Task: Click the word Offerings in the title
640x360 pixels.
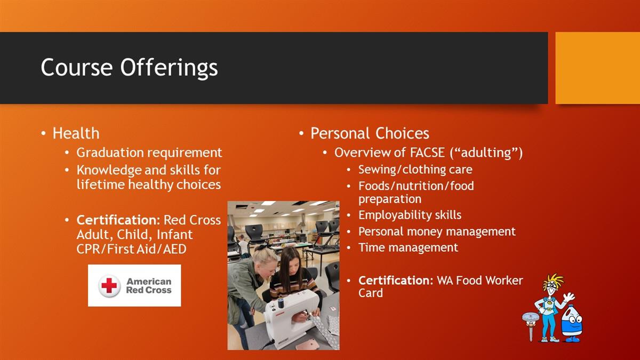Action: pyautogui.click(x=169, y=68)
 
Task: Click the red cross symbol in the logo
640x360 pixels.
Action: pyautogui.click(x=109, y=285)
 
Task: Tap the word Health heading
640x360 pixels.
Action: pyautogui.click(x=76, y=133)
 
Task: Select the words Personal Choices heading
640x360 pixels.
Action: pyautogui.click(x=370, y=133)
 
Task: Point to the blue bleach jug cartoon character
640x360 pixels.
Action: pyautogui.click(x=572, y=324)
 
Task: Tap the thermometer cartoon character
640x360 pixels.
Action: pyautogui.click(x=530, y=326)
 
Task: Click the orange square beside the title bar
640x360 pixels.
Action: pyautogui.click(x=598, y=68)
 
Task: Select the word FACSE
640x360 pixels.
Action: pyautogui.click(x=427, y=153)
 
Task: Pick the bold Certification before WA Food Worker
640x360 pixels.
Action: pyautogui.click(x=396, y=281)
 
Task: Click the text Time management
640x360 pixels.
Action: pyautogui.click(x=409, y=247)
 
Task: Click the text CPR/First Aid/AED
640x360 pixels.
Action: pyautogui.click(x=131, y=249)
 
